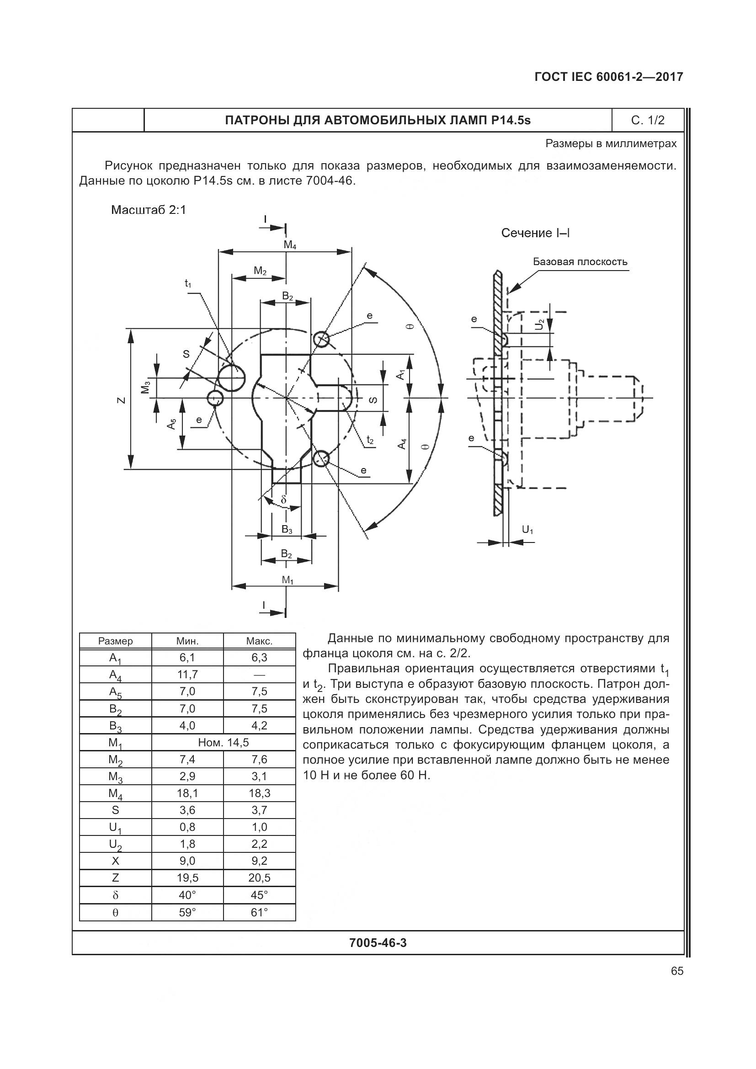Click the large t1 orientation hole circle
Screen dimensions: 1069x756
[231, 378]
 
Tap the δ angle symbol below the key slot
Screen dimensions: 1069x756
[284, 500]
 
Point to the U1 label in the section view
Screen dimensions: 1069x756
[527, 529]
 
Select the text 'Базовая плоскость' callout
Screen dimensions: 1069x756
[580, 262]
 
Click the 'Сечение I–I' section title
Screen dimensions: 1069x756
[535, 233]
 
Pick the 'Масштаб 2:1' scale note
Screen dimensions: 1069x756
[149, 210]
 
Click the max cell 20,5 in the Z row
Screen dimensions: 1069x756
[259, 878]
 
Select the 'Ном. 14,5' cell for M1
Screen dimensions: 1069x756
[224, 743]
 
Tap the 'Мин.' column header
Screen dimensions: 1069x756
[187, 641]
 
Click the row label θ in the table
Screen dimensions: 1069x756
[116, 913]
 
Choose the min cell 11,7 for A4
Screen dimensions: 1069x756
[187, 675]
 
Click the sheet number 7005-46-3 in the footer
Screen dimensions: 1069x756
[378, 943]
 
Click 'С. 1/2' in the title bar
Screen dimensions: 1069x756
[648, 121]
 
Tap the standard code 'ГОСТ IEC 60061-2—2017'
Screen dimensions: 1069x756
[609, 77]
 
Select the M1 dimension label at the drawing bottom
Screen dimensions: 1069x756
[287, 580]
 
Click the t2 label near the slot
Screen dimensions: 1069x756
[370, 440]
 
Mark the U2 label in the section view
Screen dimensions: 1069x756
[539, 325]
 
